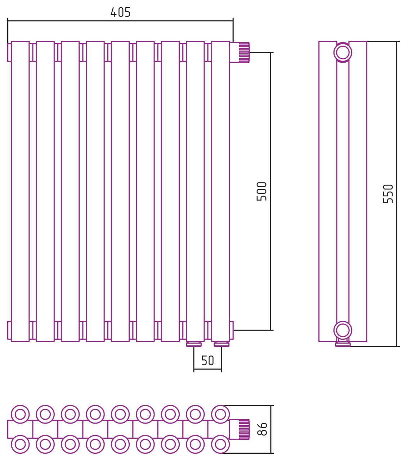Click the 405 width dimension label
point(120,13)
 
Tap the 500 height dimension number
point(262,191)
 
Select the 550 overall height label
point(388,194)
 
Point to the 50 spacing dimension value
point(207,361)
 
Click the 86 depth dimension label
point(263,429)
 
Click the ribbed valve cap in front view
point(244,53)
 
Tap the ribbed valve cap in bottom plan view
point(244,429)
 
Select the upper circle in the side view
point(343,53)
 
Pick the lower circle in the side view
point(343,330)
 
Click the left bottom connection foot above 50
point(194,344)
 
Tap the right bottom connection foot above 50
point(222,344)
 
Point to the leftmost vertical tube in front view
point(20,191)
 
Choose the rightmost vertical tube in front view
point(220,191)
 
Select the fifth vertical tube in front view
point(120,191)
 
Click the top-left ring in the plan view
point(20,414)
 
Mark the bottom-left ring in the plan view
point(20,444)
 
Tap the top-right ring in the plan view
point(220,414)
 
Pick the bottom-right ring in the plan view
point(220,444)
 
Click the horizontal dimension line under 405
point(120,21)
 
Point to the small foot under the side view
point(343,344)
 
